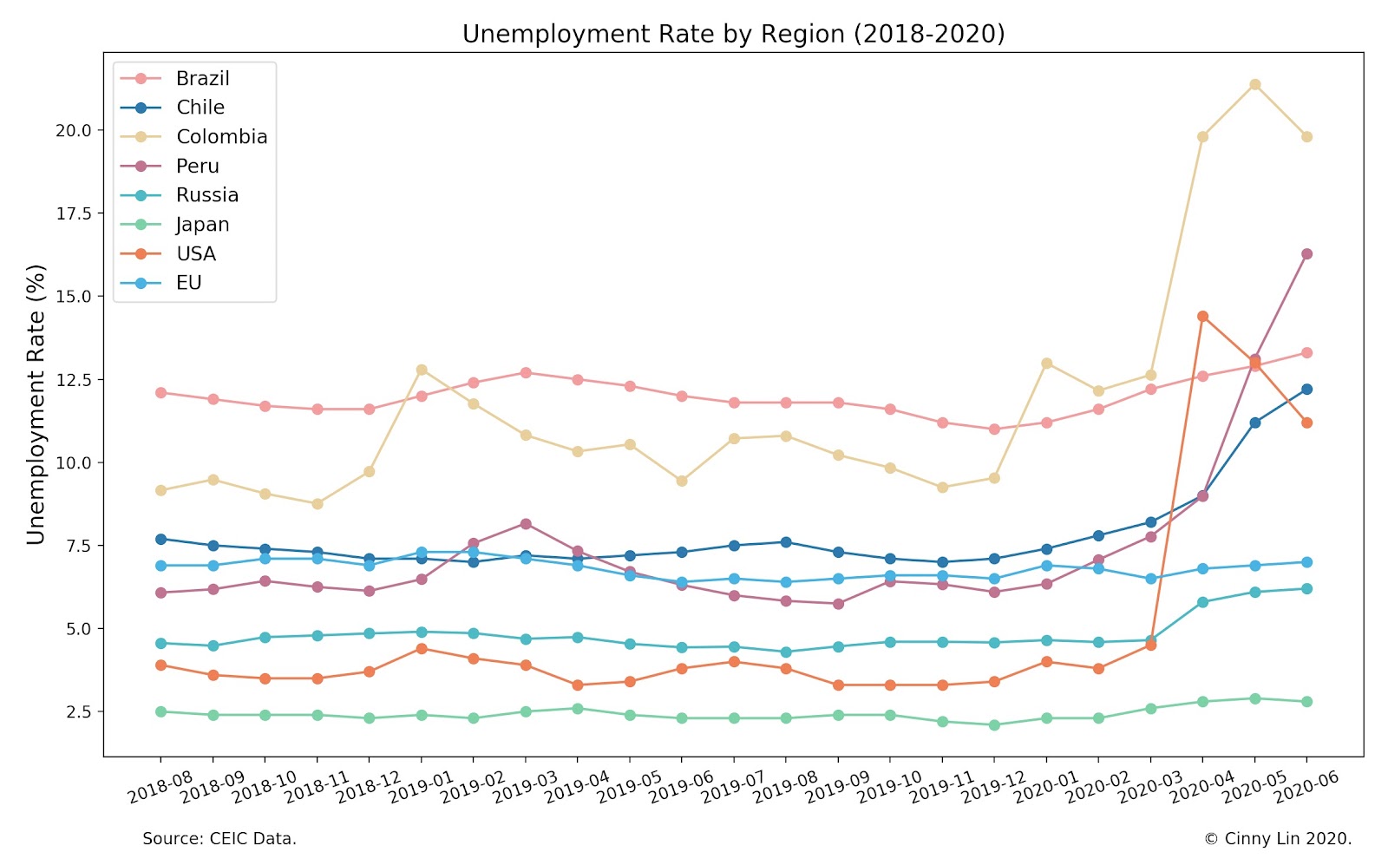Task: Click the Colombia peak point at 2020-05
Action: click(1254, 84)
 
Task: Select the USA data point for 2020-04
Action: click(1202, 317)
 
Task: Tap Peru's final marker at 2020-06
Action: click(1306, 254)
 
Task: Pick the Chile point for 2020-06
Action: click(1306, 390)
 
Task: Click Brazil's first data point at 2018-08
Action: click(160, 392)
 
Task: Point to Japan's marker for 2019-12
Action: click(994, 724)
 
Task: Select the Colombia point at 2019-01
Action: click(422, 370)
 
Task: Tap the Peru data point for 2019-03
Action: click(526, 524)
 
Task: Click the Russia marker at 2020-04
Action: click(1202, 602)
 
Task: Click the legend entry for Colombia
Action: click(221, 136)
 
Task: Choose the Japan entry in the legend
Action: click(202, 224)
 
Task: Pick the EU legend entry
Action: click(188, 283)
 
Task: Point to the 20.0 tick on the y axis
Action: click(74, 130)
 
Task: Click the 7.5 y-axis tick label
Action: click(77, 546)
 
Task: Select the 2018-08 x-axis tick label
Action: click(160, 787)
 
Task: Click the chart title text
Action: click(733, 34)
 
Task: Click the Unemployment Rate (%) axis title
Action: click(36, 404)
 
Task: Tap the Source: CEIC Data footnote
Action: click(219, 839)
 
